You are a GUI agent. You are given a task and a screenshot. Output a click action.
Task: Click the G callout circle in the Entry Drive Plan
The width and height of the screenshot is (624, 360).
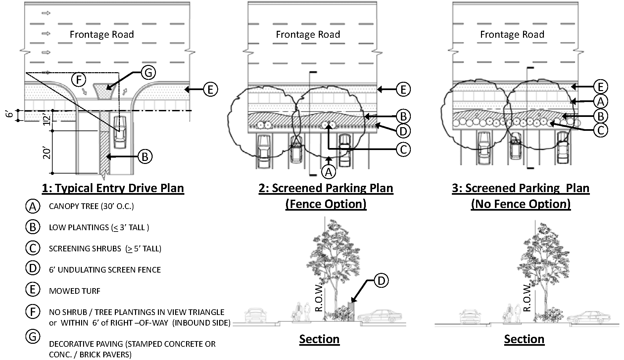[x=148, y=73]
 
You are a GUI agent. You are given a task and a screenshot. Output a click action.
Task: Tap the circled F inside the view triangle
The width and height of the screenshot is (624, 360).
[x=79, y=79]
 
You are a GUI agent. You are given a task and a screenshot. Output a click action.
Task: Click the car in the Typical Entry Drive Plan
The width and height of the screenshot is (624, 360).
[x=120, y=132]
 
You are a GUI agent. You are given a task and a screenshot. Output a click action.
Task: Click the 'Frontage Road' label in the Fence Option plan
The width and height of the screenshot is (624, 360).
[x=308, y=34]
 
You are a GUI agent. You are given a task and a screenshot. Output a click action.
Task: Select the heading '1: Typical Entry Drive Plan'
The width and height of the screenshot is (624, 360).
[x=113, y=188]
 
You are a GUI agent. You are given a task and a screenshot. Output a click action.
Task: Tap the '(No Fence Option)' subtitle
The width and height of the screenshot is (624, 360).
[x=521, y=204]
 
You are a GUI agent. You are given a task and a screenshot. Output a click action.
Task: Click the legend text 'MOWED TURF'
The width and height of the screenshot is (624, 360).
[x=74, y=291]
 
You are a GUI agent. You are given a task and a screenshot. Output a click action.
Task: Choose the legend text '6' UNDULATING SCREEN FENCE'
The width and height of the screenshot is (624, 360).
[x=105, y=270]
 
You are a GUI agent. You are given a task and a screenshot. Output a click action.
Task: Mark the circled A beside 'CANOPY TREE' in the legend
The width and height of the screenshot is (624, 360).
[x=32, y=207]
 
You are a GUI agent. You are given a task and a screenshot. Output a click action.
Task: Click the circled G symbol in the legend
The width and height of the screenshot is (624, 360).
[x=32, y=337]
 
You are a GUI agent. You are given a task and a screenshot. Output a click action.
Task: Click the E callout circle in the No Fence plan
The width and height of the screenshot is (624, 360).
[x=600, y=86]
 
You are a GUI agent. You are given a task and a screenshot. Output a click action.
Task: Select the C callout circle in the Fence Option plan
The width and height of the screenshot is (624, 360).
[x=403, y=150]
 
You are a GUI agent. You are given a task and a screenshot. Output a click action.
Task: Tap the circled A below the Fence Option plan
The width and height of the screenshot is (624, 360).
[x=328, y=172]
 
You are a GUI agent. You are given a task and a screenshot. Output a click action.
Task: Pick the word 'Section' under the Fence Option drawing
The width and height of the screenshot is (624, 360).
[x=319, y=339]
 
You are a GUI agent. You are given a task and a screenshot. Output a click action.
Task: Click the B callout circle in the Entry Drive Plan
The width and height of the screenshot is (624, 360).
[x=145, y=156]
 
